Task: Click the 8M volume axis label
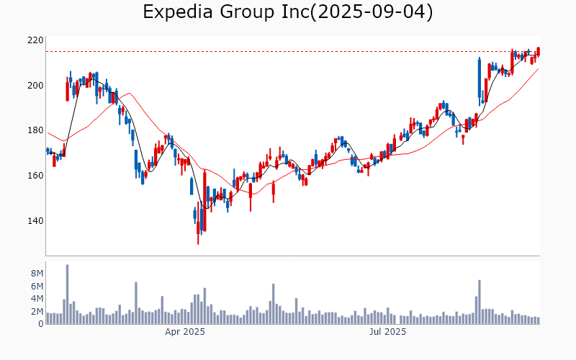(37, 274)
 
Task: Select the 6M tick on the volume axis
(37, 287)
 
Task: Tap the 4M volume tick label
(37, 299)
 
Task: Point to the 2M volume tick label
(37, 312)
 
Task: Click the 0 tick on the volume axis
(40, 324)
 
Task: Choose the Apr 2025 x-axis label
(185, 332)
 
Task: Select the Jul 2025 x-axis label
(387, 332)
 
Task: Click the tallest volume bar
(67, 294)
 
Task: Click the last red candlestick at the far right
(538, 52)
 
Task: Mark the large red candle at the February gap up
(67, 91)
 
